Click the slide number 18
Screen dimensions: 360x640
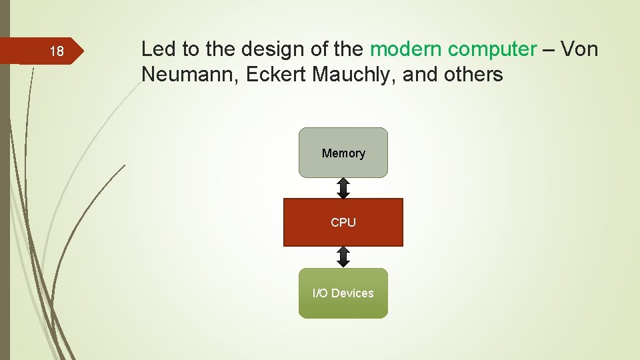57,52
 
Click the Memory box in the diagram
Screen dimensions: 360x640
343,153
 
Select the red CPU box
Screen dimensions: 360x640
343,223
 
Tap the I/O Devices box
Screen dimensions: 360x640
343,293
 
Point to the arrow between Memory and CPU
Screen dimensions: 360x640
343,188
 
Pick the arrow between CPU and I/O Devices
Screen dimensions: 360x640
343,257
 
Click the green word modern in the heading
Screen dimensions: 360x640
406,49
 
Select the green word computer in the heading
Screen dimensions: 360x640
492,49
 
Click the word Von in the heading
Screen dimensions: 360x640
579,49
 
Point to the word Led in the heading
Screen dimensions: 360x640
156,49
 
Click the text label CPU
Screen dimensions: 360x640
343,223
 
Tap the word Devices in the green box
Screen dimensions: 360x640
353,293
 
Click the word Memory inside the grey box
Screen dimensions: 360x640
343,153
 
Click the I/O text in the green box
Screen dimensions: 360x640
320,293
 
